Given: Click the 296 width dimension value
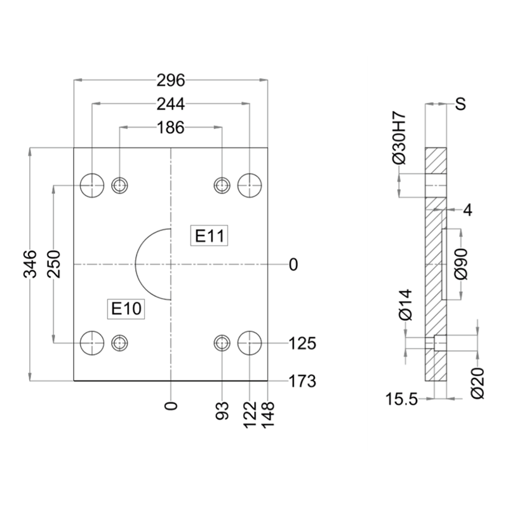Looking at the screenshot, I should pos(170,81).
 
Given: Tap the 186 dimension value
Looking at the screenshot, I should pos(170,128).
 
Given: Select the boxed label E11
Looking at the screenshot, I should pos(209,236).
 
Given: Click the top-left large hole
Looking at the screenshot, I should pos(92,185).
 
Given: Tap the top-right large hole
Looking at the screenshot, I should pos(250,185).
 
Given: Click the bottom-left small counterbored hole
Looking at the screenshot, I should pos(119,343).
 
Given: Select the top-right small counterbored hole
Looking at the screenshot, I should pos(222,185).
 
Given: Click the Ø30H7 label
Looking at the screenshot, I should pos(399,137).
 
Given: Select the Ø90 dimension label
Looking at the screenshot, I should pos(462,264).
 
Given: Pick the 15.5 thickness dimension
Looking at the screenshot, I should pos(402,399).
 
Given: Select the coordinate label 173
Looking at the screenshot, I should pos(303,381).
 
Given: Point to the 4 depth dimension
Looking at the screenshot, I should pos(467,210).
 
